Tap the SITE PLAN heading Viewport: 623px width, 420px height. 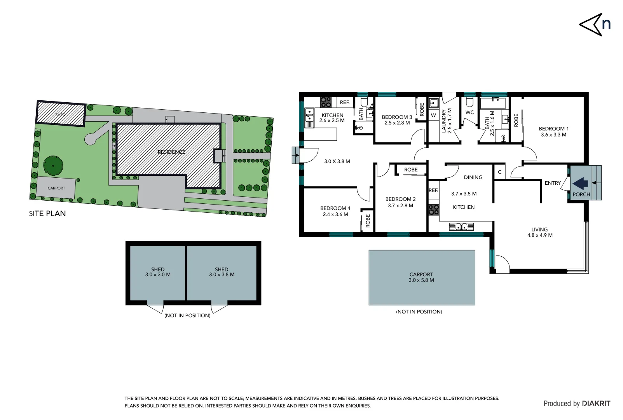coord(47,213)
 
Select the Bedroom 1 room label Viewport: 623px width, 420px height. coord(553,129)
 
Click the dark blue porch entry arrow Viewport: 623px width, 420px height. coord(580,183)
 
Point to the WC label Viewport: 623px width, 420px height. coord(469,112)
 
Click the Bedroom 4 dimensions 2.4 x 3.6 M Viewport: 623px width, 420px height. coord(335,214)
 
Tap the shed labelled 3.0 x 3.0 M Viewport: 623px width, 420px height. coord(158,272)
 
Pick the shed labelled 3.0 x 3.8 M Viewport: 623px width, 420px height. coord(222,272)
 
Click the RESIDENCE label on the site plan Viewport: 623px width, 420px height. coord(171,152)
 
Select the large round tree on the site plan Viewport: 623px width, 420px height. coord(53,166)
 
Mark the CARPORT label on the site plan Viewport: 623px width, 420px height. coord(56,188)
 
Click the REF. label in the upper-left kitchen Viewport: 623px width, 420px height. coord(345,103)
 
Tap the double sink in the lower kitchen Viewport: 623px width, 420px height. coord(461,226)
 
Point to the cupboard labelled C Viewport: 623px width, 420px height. coord(500,172)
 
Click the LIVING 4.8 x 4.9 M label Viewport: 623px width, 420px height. coord(540,232)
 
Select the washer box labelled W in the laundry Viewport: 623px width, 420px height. coord(433,115)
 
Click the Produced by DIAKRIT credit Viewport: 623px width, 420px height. coord(577,404)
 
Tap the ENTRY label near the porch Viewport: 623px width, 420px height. coord(552,183)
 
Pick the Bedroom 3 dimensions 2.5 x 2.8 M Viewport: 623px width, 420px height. coord(397,123)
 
